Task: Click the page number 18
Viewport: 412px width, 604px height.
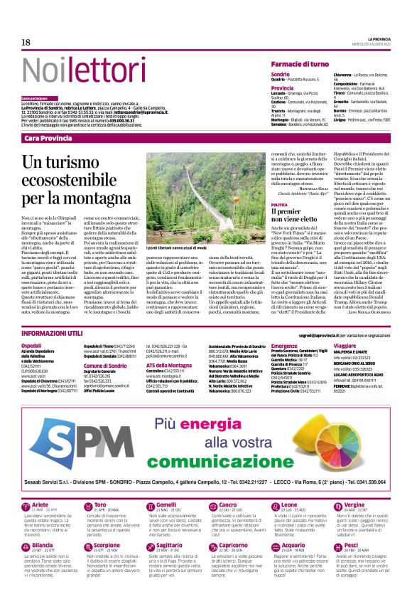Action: [26, 43]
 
